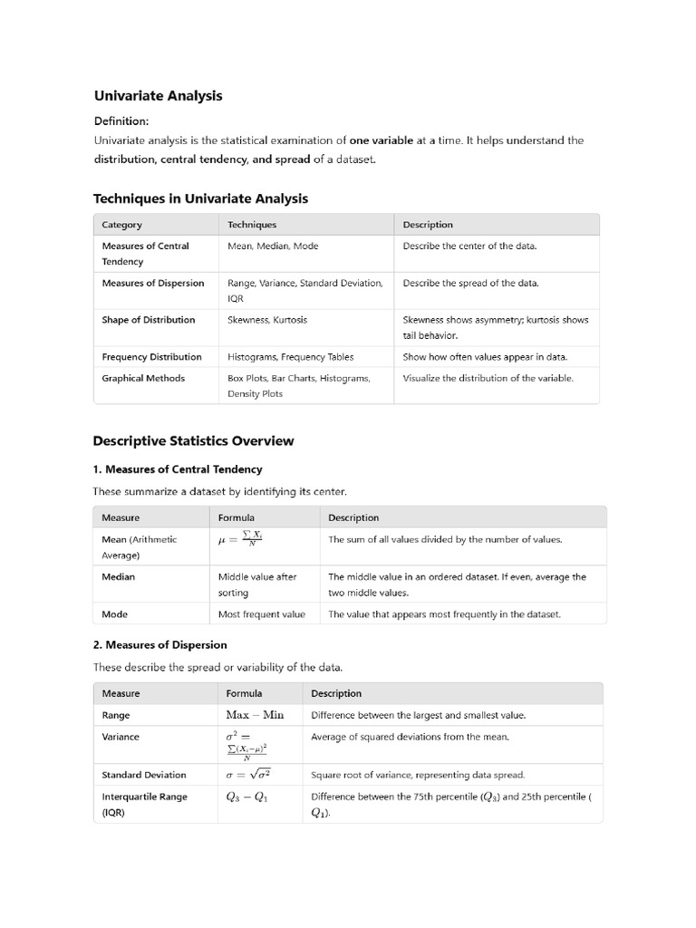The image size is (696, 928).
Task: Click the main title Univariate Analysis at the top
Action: (x=158, y=95)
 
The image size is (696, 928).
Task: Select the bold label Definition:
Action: (x=121, y=121)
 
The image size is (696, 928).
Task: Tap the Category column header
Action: (x=121, y=225)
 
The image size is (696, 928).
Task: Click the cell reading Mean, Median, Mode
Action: (x=273, y=246)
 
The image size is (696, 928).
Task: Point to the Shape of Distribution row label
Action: (x=148, y=320)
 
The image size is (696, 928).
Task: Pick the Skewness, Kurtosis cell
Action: (x=267, y=320)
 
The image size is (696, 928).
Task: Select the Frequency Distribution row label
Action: (x=151, y=357)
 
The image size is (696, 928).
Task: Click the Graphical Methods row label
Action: (x=143, y=378)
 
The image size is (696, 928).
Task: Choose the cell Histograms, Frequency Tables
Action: (x=290, y=357)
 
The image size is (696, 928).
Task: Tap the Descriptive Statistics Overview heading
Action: (x=193, y=441)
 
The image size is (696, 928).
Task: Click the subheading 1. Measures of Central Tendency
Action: (x=178, y=469)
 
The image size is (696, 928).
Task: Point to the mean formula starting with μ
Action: (x=240, y=539)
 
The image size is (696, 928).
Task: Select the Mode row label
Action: (x=114, y=614)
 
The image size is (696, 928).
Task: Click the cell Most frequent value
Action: (x=262, y=614)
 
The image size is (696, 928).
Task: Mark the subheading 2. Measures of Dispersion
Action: (x=159, y=645)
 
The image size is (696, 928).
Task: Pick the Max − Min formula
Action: (x=255, y=715)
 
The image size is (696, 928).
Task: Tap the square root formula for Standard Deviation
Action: (x=248, y=775)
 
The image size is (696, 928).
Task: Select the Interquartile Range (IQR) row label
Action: (x=144, y=804)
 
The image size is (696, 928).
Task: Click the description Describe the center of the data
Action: (x=469, y=246)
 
